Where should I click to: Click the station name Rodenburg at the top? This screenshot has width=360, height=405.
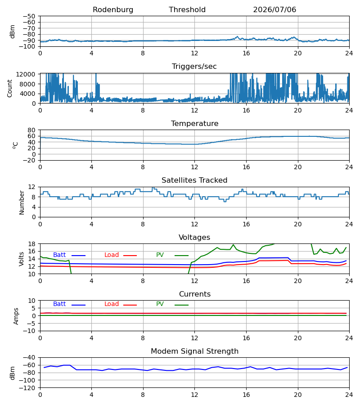point(113,10)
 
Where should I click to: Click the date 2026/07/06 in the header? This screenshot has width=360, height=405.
point(274,10)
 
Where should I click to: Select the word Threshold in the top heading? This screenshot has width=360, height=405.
point(187,10)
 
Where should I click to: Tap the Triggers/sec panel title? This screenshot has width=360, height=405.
point(194,67)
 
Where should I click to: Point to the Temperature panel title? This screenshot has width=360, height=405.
point(194,123)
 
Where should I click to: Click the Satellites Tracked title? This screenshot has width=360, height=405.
point(194,180)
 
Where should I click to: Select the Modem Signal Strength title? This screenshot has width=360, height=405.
point(194,351)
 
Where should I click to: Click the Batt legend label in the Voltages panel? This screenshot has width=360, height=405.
point(59,255)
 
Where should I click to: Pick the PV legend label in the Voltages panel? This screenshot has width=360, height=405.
point(160,255)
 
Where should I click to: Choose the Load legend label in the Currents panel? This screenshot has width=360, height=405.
point(112,304)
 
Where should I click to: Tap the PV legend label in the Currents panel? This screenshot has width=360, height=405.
point(160,304)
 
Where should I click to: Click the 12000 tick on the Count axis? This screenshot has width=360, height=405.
point(26,74)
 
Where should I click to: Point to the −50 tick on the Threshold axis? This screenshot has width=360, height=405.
point(29,16)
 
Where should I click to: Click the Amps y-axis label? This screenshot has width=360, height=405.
point(16,316)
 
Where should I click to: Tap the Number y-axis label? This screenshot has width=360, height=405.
point(22,202)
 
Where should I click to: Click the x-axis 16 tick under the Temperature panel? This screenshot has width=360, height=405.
point(246,167)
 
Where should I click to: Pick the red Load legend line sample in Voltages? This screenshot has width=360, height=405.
point(130,256)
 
